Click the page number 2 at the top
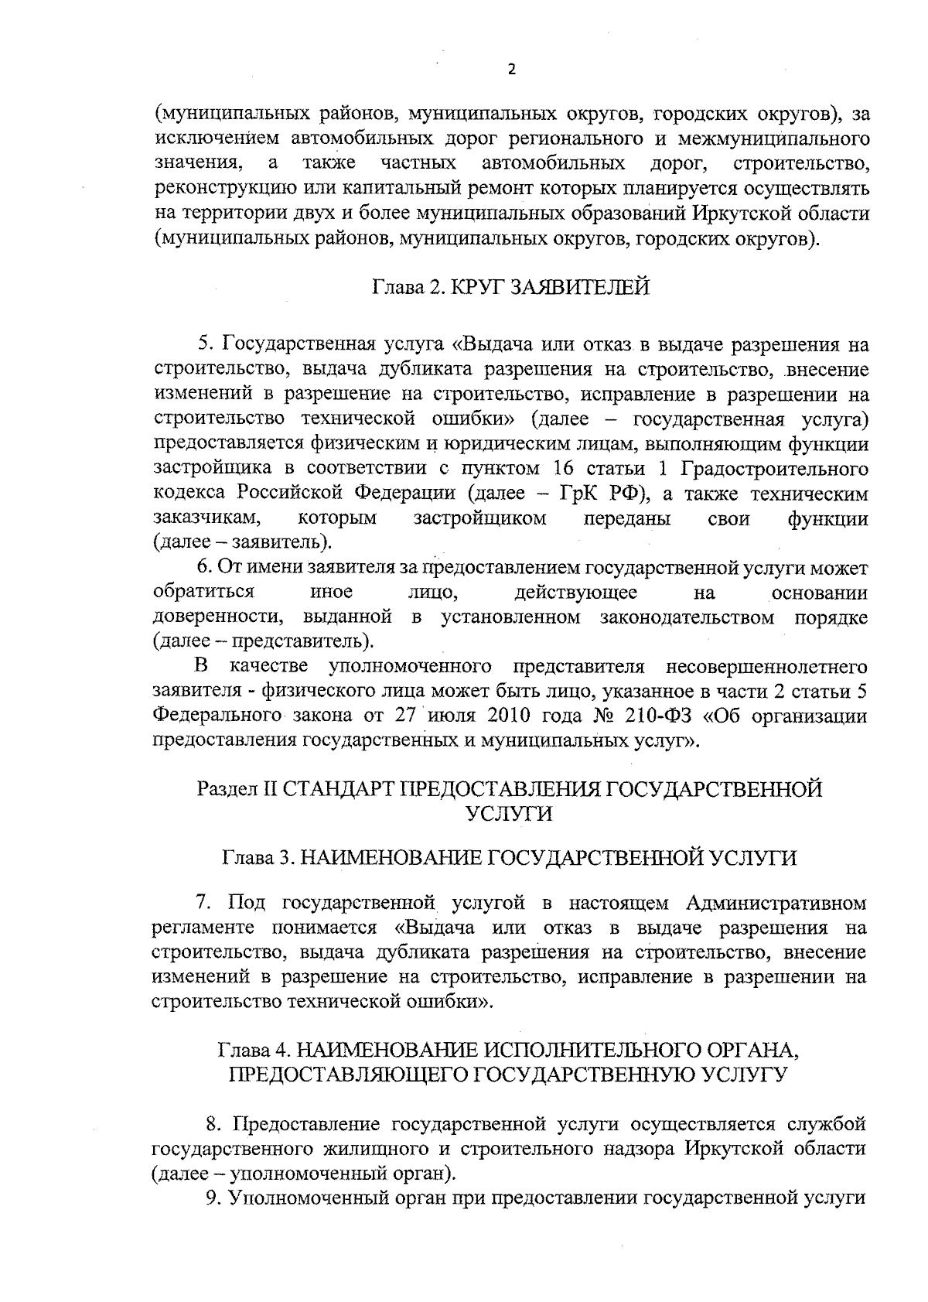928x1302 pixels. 511,70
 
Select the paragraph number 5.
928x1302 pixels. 204,343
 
